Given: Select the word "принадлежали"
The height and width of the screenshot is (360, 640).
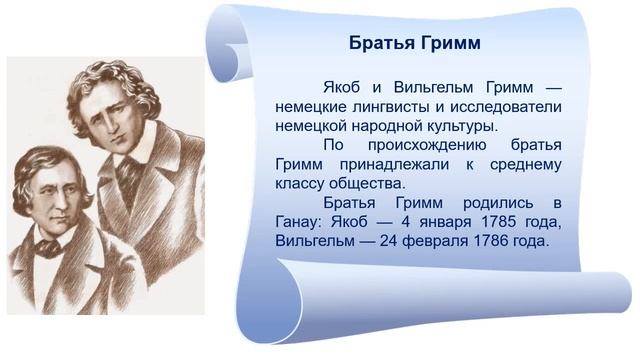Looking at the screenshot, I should tap(396, 164).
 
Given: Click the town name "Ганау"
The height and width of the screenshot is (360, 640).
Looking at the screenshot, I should tap(299, 221).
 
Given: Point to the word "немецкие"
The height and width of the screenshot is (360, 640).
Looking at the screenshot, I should tap(307, 107).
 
